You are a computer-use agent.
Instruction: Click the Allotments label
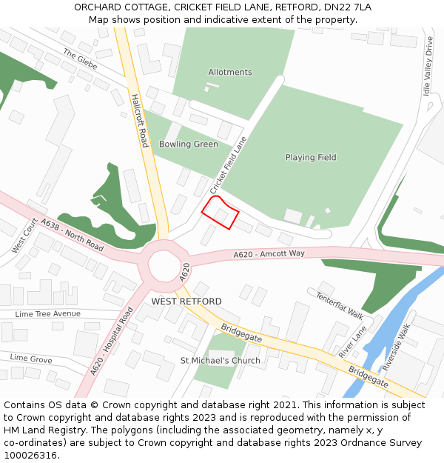click(230, 72)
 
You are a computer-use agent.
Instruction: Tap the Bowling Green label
click(189, 144)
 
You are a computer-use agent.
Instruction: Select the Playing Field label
click(311, 157)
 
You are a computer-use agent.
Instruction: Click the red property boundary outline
click(221, 213)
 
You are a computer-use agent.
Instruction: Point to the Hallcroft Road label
click(139, 120)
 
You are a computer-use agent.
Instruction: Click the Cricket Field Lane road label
click(228, 164)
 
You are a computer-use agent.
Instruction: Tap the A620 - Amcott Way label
click(269, 254)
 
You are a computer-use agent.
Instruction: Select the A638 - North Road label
click(73, 233)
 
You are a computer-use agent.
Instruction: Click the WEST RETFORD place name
click(186, 302)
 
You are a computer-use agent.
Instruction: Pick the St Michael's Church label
click(221, 361)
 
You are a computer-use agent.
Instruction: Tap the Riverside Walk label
click(395, 344)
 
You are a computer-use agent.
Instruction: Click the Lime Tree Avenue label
click(48, 314)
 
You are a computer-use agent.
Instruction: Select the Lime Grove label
click(31, 359)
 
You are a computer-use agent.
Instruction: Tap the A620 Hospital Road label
click(111, 342)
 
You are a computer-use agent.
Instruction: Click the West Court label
click(24, 236)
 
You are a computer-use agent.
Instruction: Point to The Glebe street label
click(80, 58)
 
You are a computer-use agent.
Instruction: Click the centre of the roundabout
click(164, 263)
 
